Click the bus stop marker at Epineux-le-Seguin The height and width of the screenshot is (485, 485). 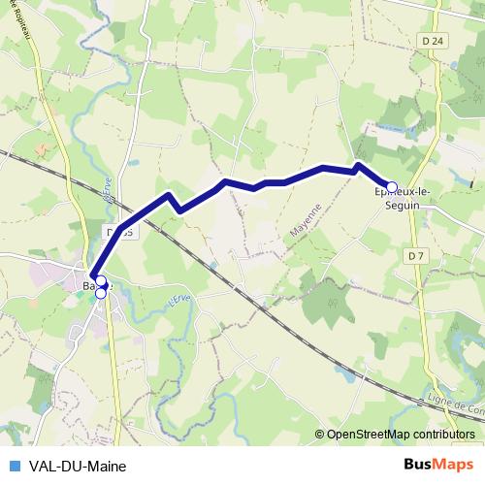coord(393,187)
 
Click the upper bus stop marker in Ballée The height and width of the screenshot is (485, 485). coord(100,282)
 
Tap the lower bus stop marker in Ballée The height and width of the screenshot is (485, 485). coord(101,292)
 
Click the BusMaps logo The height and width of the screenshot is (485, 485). coord(438,465)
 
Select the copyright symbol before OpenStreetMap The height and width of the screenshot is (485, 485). coord(321,435)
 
